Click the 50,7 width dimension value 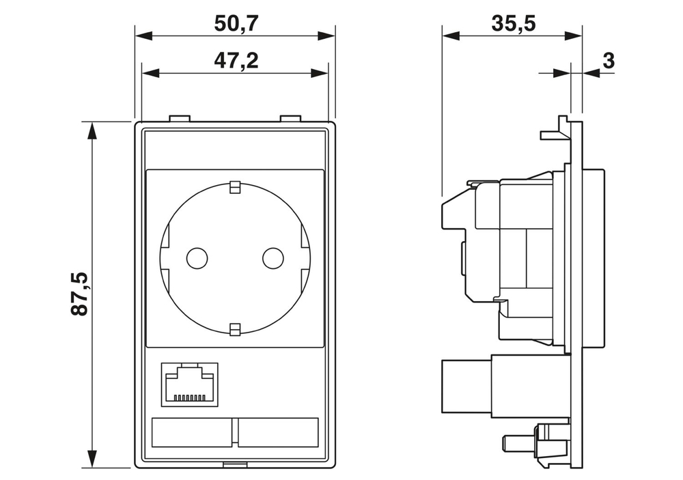[x=236, y=23]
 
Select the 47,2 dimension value [x=236, y=61]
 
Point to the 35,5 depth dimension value [x=513, y=23]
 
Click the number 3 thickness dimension [x=608, y=61]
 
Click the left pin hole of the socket [x=197, y=258]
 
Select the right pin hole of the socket [x=273, y=258]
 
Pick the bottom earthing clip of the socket [x=235, y=330]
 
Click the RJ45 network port [x=189, y=384]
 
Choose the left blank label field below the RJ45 [x=192, y=432]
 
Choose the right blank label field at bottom [x=278, y=432]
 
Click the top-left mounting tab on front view [x=179, y=119]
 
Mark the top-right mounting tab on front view [x=290, y=119]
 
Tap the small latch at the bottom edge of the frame [x=235, y=466]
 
